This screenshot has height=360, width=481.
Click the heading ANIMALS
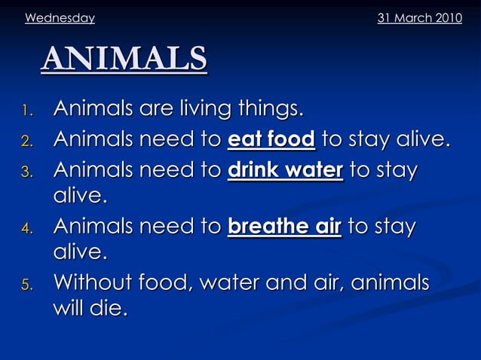pos(124,59)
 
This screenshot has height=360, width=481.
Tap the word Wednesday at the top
pos(60,18)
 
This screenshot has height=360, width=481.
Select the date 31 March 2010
pos(419,18)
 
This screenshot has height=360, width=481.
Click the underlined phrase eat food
pos(271,140)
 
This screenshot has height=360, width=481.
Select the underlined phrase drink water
pos(285,169)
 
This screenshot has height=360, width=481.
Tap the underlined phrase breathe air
pos(284,227)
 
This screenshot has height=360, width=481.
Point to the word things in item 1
pos(271,111)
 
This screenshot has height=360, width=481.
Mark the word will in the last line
pos(69,309)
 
